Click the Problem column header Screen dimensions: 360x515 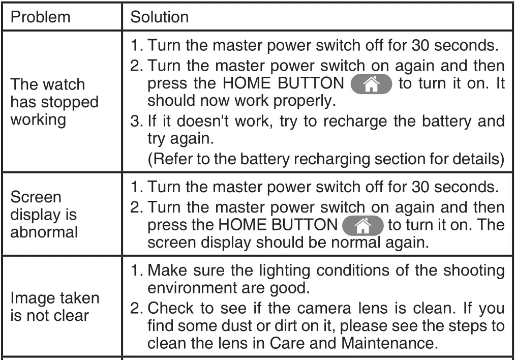click(40, 17)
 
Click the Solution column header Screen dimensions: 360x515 click(160, 17)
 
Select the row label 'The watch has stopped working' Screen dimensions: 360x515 click(54, 102)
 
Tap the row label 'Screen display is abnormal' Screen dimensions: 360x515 click(44, 215)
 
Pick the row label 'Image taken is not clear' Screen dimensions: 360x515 click(54, 307)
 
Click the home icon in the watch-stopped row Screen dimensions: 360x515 click(371, 83)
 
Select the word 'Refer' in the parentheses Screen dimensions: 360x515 click(170, 158)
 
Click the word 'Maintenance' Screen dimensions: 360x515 click(388, 342)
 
